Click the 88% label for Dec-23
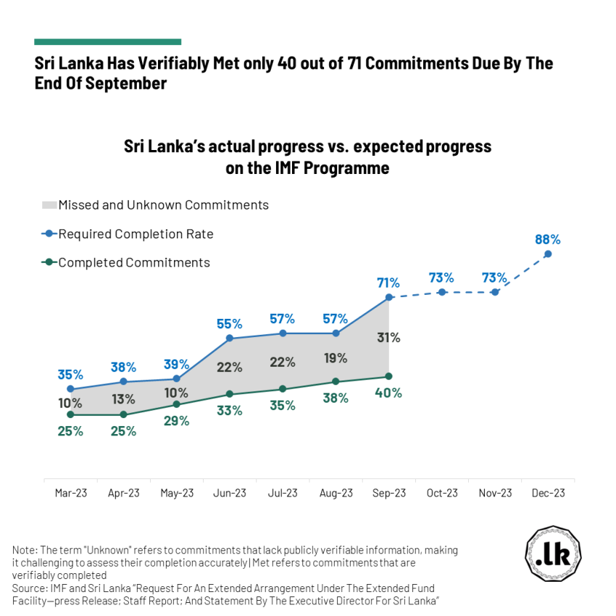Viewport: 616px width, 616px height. pyautogui.click(x=548, y=239)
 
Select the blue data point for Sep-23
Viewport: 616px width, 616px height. pyautogui.click(x=389, y=297)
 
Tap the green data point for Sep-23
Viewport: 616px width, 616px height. pyautogui.click(x=389, y=376)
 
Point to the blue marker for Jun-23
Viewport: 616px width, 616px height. pyautogui.click(x=230, y=338)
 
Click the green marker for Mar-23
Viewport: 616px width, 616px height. pyautogui.click(x=70, y=415)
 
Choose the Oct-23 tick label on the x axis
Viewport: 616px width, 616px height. pyautogui.click(x=442, y=493)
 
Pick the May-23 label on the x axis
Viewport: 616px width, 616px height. pyautogui.click(x=177, y=493)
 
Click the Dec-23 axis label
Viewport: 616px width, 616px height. pyautogui.click(x=549, y=493)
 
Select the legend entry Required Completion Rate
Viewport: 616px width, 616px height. pyautogui.click(x=136, y=234)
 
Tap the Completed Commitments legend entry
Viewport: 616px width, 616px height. pyautogui.click(x=134, y=262)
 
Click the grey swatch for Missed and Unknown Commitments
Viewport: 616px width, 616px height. pyautogui.click(x=49, y=205)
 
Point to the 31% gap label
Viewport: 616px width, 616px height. pyautogui.click(x=388, y=337)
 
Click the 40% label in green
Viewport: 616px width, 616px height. pyautogui.click(x=388, y=393)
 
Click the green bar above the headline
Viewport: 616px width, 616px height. pyautogui.click(x=107, y=42)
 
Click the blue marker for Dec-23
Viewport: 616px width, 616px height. pyautogui.click(x=548, y=254)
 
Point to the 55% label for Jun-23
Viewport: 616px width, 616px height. pyautogui.click(x=230, y=322)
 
